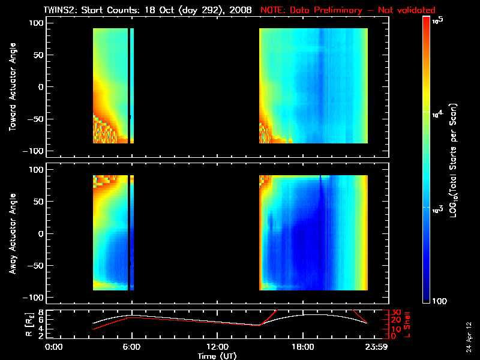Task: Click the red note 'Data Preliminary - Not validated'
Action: click(348, 11)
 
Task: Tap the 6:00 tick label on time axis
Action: click(131, 347)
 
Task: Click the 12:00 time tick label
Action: click(217, 347)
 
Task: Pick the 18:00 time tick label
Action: click(303, 347)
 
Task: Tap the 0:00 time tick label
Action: click(54, 347)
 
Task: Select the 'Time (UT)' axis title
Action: click(217, 356)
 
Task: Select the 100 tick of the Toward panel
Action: click(36, 23)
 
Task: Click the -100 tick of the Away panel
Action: click(34, 298)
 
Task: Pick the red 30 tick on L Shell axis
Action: click(396, 313)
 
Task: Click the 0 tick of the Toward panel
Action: click(41, 86)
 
